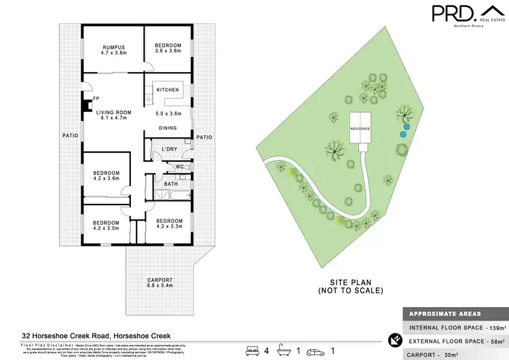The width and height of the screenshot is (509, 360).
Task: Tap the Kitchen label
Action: [168, 90]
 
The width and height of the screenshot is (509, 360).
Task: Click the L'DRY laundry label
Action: [169, 149]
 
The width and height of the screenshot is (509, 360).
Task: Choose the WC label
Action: [178, 166]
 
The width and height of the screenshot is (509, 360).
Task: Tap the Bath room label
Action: [170, 183]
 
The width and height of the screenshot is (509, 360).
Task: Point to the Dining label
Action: [167, 128]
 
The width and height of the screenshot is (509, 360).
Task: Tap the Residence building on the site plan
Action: [360, 129]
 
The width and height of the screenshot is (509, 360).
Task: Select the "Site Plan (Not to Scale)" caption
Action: [350, 286]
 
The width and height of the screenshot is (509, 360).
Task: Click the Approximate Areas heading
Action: [445, 314]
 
